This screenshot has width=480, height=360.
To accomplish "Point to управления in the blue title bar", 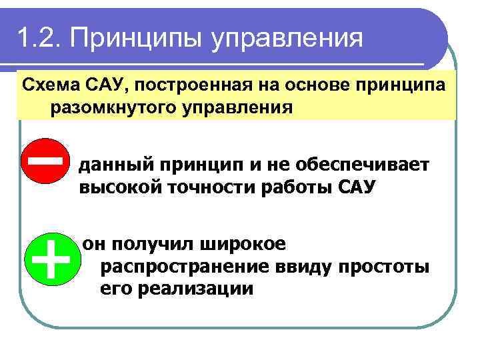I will click(288, 39).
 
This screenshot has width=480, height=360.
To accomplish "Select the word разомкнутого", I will click(104, 107).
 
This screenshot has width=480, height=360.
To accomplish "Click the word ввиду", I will click(303, 267).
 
